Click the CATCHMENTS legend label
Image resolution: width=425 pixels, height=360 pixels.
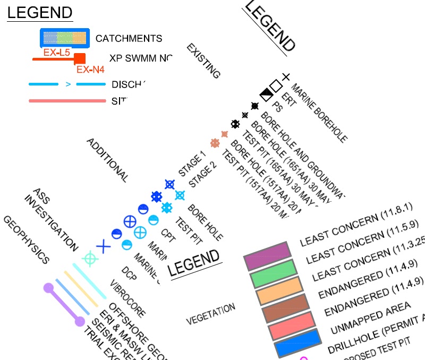pos(129,39)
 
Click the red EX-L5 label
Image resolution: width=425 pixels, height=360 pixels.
pos(57,53)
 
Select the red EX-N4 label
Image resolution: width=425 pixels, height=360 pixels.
pos(90,69)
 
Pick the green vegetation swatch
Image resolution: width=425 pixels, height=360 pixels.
pos(274,273)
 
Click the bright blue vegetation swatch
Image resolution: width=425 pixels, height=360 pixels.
pos(299,342)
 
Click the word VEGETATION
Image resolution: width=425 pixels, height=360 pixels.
pos(210,314)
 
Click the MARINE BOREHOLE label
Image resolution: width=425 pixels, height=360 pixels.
pos(319,113)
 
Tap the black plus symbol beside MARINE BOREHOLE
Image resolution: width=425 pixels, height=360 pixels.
pos(285,77)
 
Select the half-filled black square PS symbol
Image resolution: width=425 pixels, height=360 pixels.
pos(266,95)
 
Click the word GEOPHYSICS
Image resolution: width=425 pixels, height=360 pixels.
pos(27,240)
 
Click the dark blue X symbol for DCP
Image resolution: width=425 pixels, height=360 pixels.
pos(103,246)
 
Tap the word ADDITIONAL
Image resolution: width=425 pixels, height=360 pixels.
pos(107,160)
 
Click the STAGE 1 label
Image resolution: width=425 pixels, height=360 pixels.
pos(191,165)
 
